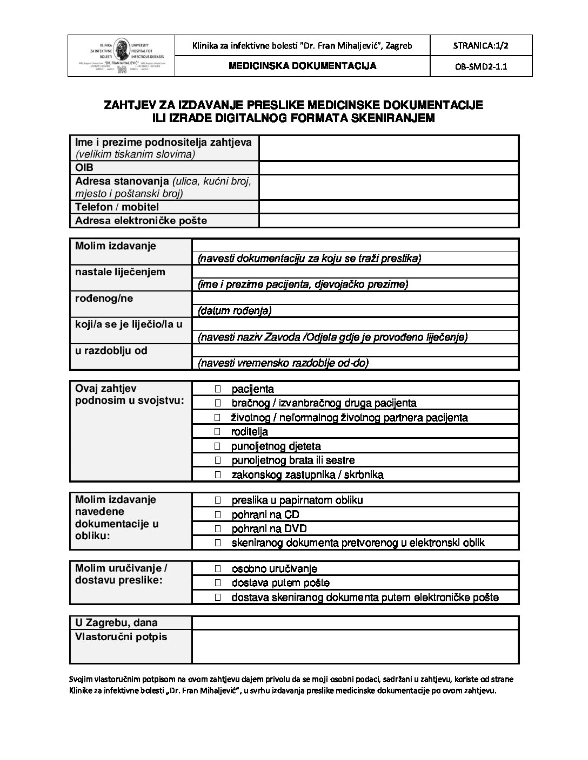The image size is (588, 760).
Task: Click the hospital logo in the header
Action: tap(122, 56)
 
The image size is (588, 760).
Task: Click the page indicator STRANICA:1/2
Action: tap(480, 45)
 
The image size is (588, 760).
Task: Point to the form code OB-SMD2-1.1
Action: tap(480, 67)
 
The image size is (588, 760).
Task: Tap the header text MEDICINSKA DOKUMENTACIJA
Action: tap(302, 66)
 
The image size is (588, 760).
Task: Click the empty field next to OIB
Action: tap(389, 168)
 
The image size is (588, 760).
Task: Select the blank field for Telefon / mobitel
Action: tap(389, 207)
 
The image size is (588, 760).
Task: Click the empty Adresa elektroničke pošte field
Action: tap(389, 220)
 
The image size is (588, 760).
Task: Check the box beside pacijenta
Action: tap(218, 389)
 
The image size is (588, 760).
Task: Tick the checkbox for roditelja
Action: tap(218, 432)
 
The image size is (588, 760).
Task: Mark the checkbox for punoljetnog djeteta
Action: tap(218, 446)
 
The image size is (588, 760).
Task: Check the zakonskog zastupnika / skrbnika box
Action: tap(218, 475)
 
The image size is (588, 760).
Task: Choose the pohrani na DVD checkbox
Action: tap(218, 529)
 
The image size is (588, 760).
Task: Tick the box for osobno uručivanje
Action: tap(218, 569)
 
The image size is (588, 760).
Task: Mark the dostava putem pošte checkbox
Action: tap(218, 583)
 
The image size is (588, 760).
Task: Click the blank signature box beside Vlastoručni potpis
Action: tap(355, 646)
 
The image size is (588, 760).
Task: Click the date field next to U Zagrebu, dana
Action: tap(355, 623)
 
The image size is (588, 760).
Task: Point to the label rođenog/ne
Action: tap(104, 298)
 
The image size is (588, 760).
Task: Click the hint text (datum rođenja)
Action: tap(235, 310)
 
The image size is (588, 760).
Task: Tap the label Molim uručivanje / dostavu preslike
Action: tap(121, 574)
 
